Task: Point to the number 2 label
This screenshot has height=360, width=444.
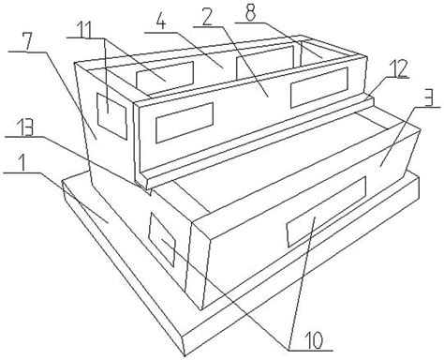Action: point(206,18)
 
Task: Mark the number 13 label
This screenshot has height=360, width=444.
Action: point(24,127)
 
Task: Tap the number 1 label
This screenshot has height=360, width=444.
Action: point(22,162)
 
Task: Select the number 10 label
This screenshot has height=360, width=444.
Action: point(314,340)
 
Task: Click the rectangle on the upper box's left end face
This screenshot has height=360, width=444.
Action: point(111,116)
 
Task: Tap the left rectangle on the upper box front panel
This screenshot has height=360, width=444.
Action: point(185,123)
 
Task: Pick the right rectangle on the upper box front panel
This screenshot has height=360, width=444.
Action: point(319,87)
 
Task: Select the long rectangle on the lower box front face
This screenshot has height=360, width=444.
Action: point(326,211)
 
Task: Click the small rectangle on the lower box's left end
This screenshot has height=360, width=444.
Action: point(161,239)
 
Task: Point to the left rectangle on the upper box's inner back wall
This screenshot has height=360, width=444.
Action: point(165,75)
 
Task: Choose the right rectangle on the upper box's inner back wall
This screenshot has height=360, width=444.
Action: point(265,62)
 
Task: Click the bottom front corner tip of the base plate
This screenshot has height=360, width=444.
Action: point(185,355)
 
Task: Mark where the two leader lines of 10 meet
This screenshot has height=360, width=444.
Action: point(289,349)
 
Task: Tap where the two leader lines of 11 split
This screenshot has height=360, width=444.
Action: point(105,38)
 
